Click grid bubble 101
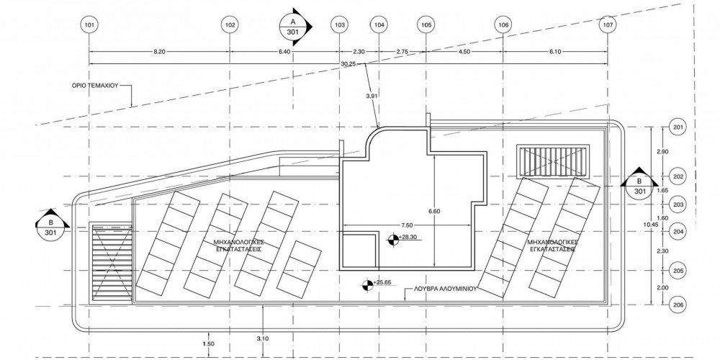click(89, 25)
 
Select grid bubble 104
click(379, 25)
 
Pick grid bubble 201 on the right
click(677, 127)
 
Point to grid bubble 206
click(677, 305)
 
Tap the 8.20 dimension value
click(160, 52)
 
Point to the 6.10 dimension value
click(555, 52)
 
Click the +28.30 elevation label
click(408, 238)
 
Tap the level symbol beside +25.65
click(366, 286)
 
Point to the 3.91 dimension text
click(372, 95)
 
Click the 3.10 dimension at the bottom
click(263, 338)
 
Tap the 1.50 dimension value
click(210, 345)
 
